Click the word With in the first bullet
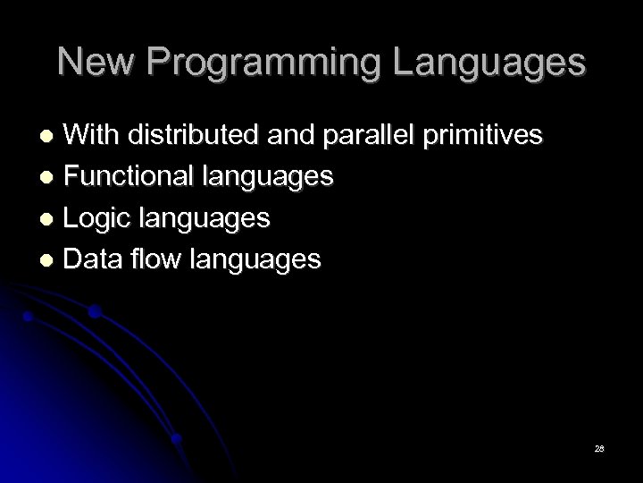point(95,135)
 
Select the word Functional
point(130,176)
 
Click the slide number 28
point(599,447)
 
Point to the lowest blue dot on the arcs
point(178,438)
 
